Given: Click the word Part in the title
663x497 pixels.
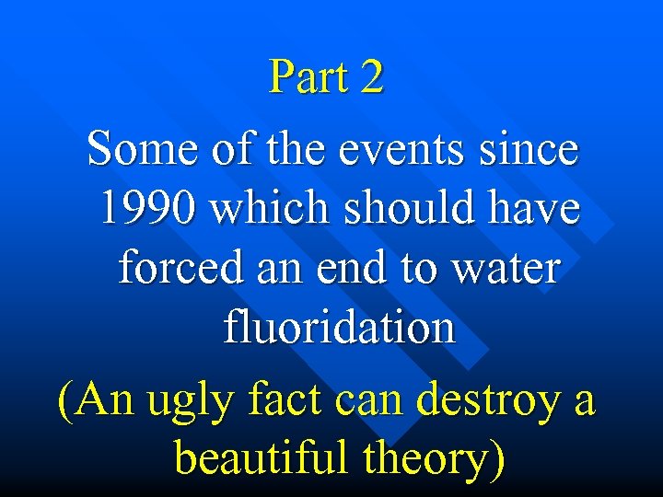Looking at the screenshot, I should [x=308, y=77].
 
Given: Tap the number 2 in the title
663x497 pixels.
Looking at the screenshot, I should [x=372, y=77].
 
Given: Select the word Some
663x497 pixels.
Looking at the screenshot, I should [x=137, y=148].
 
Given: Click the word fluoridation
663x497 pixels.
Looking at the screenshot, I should [x=339, y=328].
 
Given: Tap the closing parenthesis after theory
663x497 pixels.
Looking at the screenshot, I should [x=497, y=458].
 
